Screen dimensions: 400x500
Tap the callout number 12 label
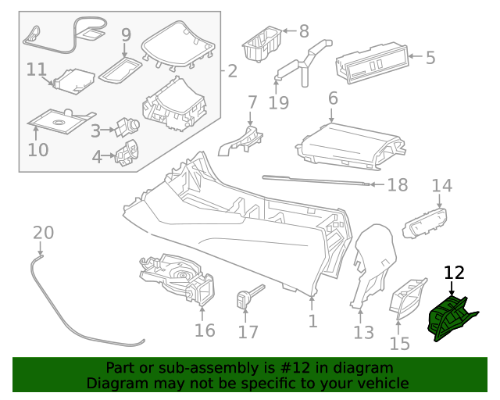[454, 273]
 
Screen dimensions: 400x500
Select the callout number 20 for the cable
[44, 232]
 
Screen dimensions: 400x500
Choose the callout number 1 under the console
[312, 320]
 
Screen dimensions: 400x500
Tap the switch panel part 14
[424, 223]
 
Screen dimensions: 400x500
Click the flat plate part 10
[59, 120]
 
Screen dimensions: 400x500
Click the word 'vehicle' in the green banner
[383, 384]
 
